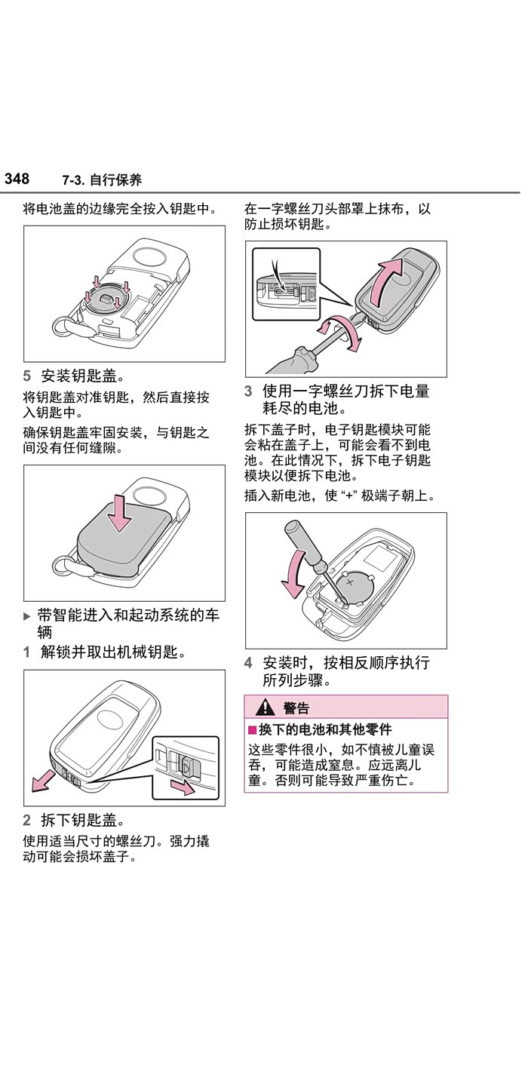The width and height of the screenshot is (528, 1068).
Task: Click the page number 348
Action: (x=17, y=179)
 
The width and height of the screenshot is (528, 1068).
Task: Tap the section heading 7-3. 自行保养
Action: (x=102, y=180)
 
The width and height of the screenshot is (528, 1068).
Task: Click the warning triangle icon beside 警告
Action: (x=266, y=707)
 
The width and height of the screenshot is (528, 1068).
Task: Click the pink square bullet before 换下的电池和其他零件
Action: (x=253, y=730)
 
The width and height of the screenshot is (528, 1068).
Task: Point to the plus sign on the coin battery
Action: (x=349, y=582)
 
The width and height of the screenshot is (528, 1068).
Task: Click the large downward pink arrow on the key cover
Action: (x=119, y=513)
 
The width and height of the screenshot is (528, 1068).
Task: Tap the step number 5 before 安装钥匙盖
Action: (x=26, y=376)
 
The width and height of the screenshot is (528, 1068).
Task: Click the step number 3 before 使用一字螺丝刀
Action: (x=248, y=391)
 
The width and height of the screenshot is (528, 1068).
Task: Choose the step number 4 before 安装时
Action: (x=248, y=663)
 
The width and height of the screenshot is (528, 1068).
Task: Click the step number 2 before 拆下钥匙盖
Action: (x=26, y=820)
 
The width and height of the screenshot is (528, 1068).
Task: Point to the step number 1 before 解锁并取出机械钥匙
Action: (x=26, y=652)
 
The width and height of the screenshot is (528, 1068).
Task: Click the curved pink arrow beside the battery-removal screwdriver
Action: (x=293, y=572)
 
